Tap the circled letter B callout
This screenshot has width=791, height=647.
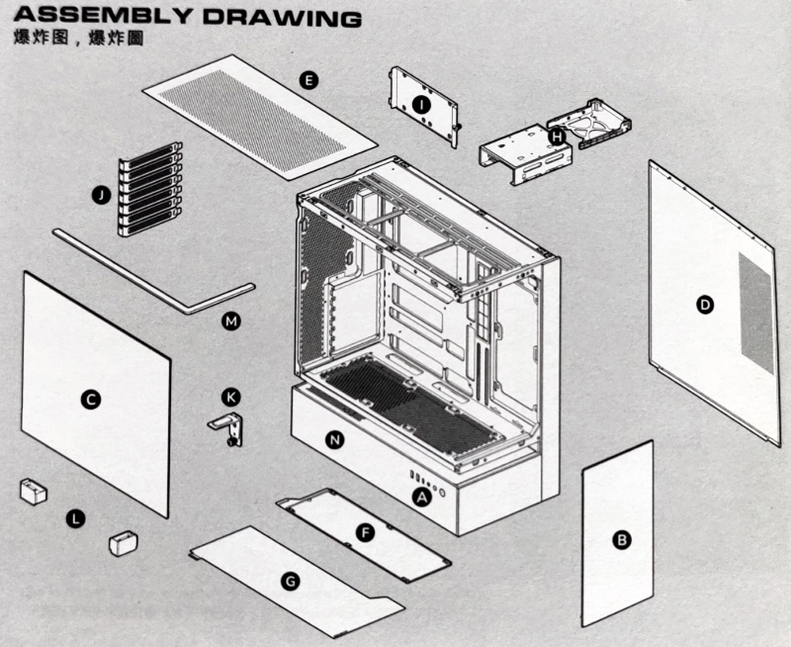(622, 540)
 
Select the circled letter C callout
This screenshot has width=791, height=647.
(91, 400)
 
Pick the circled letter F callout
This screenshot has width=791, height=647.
(365, 533)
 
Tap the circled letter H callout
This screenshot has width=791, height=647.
(558, 137)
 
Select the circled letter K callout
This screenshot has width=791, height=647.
(230, 396)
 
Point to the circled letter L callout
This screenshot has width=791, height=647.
(76, 519)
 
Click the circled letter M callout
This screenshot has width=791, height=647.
(231, 321)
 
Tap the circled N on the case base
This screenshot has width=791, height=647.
(335, 441)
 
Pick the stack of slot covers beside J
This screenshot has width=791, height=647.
(150, 190)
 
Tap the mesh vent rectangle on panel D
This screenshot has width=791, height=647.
(756, 313)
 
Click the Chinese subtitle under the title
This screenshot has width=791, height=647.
(79, 38)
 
